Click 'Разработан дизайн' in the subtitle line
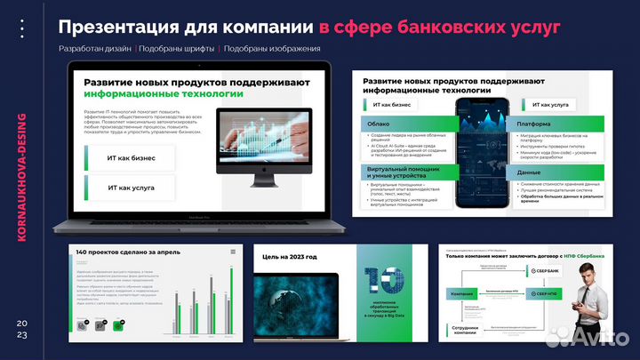[x=95, y=49]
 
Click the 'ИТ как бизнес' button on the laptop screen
[x=132, y=158]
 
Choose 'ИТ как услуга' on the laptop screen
[x=132, y=188]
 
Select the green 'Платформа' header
[x=534, y=125]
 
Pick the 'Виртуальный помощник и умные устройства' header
[x=395, y=172]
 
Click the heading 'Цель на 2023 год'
[x=289, y=257]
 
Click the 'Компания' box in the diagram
[x=461, y=293]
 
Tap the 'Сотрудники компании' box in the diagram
[x=460, y=330]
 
